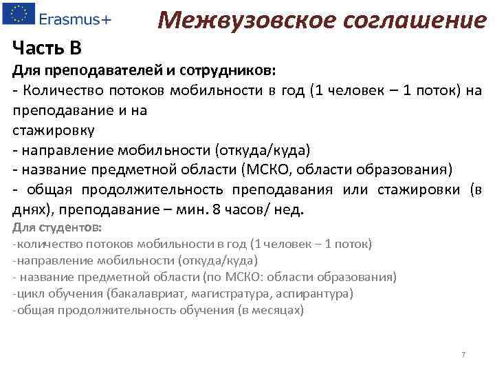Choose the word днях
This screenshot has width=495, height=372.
point(31,210)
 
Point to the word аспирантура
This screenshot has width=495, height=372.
point(316,293)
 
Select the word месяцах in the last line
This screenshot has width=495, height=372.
point(274,310)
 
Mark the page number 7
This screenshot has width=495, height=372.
point(463,355)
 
